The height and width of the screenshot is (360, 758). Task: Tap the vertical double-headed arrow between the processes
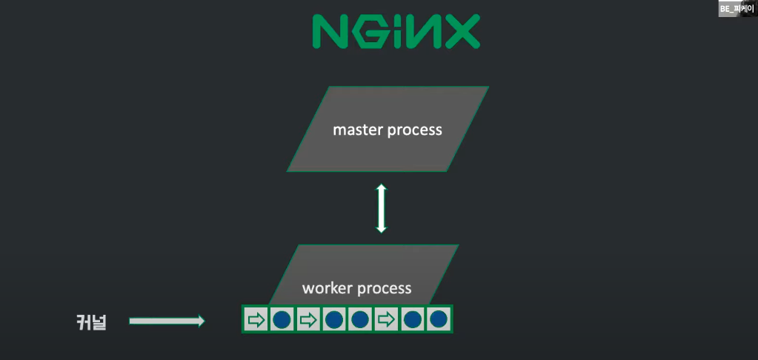(381, 209)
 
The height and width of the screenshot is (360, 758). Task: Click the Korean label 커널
(91, 322)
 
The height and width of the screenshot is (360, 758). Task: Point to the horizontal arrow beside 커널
(167, 321)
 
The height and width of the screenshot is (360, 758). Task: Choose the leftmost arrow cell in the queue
(256, 320)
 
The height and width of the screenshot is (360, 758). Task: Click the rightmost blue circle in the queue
(439, 320)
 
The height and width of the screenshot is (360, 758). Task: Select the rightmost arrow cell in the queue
(387, 320)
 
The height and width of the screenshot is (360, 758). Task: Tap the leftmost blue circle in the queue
(282, 320)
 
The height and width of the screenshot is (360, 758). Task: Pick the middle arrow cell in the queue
(308, 320)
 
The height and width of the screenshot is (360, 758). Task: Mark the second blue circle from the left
(334, 320)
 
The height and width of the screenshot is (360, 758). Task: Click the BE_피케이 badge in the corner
(737, 9)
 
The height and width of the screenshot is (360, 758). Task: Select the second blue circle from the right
(413, 320)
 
